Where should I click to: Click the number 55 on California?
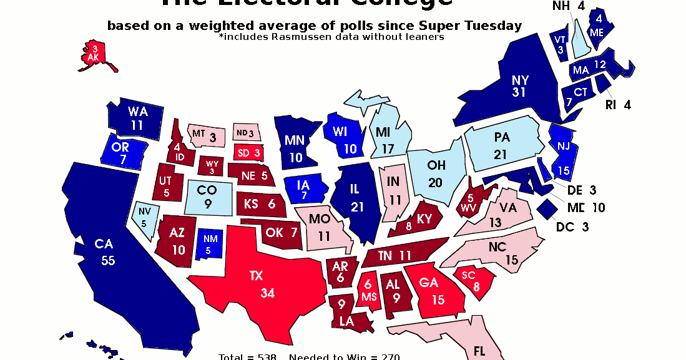pos(108,261)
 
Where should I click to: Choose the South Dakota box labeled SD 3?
pos(249,152)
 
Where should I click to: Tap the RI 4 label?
pos(618,105)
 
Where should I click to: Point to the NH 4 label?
pos(567,7)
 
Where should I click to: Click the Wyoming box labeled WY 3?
pos(212,167)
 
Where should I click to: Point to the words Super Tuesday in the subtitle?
pos(479,26)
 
